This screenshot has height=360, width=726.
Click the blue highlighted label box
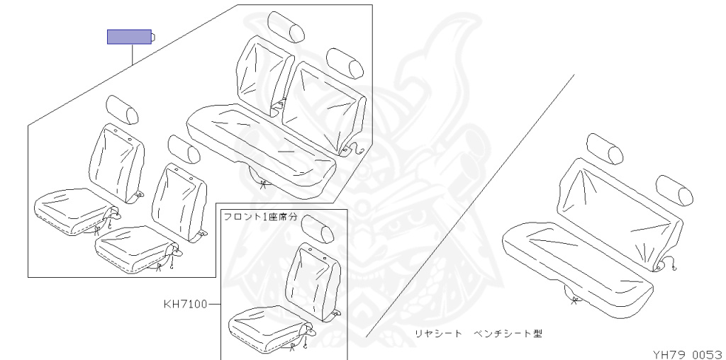coord(129,37)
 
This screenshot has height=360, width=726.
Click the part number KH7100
coord(185,305)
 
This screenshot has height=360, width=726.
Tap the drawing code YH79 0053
coord(687,352)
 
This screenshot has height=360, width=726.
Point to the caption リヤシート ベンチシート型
coord(482,332)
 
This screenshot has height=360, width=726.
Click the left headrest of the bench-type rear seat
coord(607,148)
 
